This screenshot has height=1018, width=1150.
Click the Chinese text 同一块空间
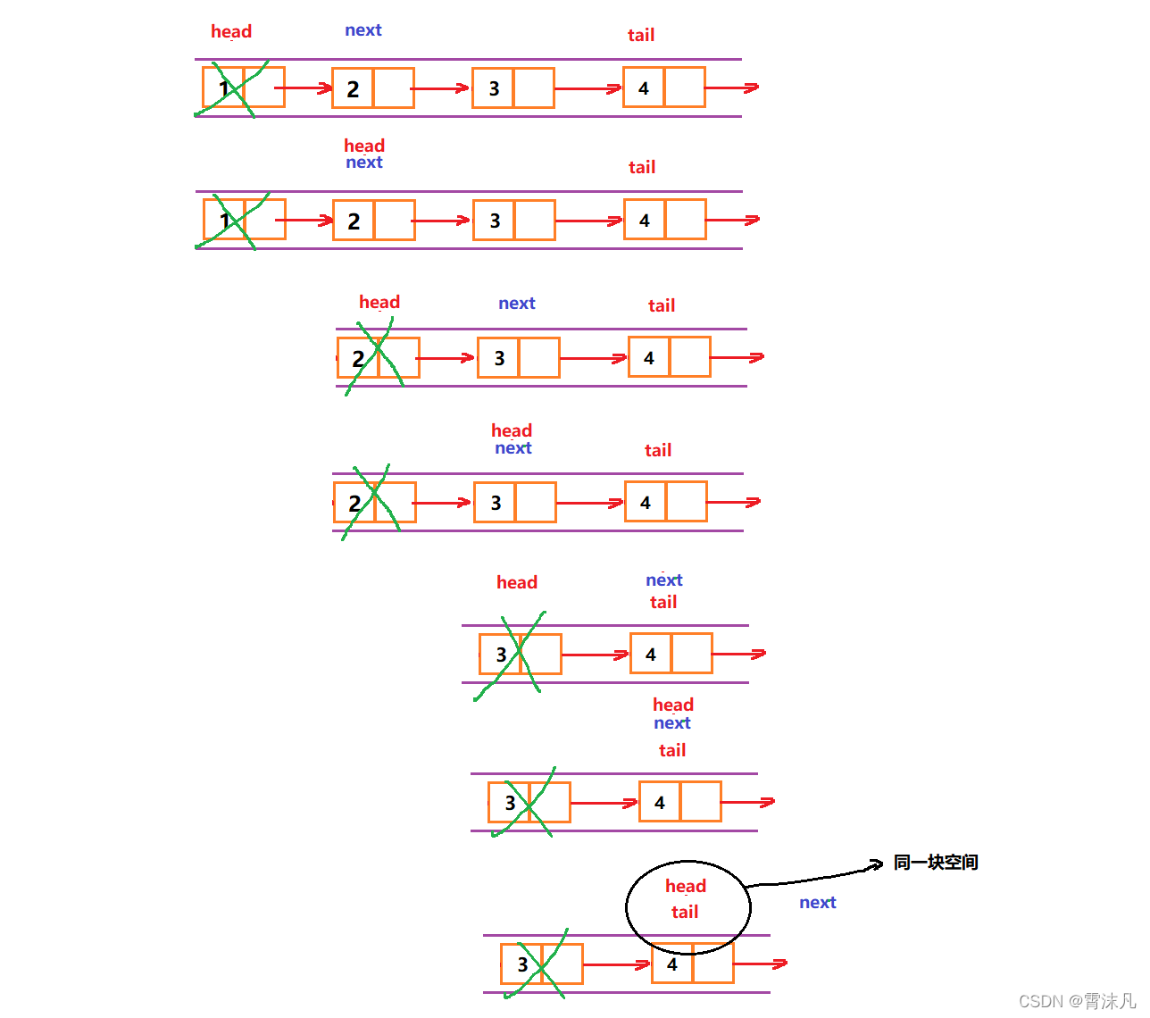pos(935,862)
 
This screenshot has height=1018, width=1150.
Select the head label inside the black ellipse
pos(685,886)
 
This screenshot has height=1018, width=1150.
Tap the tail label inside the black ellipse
pos(685,912)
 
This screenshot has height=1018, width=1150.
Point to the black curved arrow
pos(812,875)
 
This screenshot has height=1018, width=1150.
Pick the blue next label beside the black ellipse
pos(817,902)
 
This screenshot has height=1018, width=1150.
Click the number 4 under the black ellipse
pos(672,964)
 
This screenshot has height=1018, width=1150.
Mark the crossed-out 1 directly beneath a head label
pos(224,88)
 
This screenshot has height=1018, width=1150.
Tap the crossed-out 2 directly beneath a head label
pos(358,358)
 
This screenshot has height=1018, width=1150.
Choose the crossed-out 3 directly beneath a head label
pos(501,655)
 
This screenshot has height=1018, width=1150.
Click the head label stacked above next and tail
pos(672,705)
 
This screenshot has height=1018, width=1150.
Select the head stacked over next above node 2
pos(363,146)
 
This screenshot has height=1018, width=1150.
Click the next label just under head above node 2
pos(363,163)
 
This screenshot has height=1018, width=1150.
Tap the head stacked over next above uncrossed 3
pos(511,430)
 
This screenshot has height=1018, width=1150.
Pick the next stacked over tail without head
pos(663,580)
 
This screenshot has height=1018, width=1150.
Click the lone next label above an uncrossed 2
pos(362,30)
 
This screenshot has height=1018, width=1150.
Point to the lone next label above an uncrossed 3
pos(516,304)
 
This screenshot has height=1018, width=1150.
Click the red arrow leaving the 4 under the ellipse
pos(760,964)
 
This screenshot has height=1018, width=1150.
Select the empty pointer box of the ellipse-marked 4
pos(712,964)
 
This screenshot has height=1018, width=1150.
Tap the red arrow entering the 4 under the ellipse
pos(616,964)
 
